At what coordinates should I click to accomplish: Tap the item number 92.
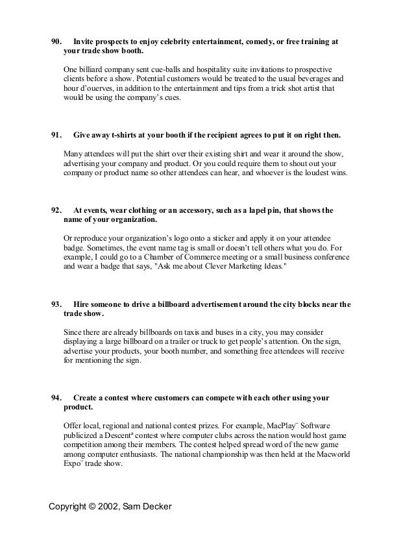coord(56,211)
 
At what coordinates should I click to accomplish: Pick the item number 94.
coord(56,396)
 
